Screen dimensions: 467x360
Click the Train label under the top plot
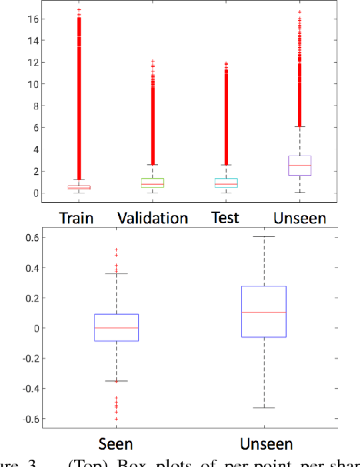(x=76, y=217)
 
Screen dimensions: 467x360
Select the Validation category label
(x=153, y=217)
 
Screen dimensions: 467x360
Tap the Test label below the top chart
(x=225, y=217)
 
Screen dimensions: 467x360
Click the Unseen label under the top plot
(x=300, y=217)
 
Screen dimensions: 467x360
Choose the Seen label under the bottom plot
(x=115, y=444)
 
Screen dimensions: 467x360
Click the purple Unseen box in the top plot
(x=299, y=166)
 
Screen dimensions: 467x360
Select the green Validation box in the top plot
(x=153, y=183)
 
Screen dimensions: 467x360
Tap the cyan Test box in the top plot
(x=226, y=183)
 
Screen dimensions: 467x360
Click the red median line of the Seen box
(x=116, y=328)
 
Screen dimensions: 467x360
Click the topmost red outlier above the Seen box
(x=116, y=250)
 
